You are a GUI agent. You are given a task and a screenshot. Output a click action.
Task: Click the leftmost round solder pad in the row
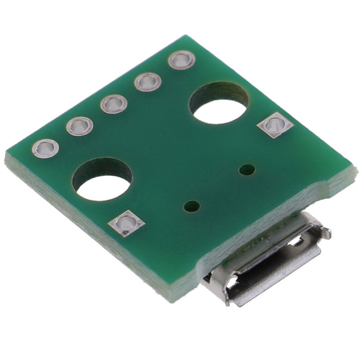tap(45, 148)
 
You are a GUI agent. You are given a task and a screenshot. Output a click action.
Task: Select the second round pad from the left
tap(79, 126)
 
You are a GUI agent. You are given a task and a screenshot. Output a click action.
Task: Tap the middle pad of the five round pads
tap(114, 104)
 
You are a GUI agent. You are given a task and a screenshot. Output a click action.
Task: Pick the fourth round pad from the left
tap(148, 81)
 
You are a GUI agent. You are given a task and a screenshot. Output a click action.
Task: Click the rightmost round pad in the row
tap(182, 60)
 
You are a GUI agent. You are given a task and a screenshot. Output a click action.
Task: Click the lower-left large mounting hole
tap(102, 181)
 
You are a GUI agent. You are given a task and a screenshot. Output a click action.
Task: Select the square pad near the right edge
tap(275, 125)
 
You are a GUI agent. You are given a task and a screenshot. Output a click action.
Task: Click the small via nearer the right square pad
tap(246, 169)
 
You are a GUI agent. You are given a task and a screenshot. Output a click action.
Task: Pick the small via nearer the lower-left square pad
tap(192, 206)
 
